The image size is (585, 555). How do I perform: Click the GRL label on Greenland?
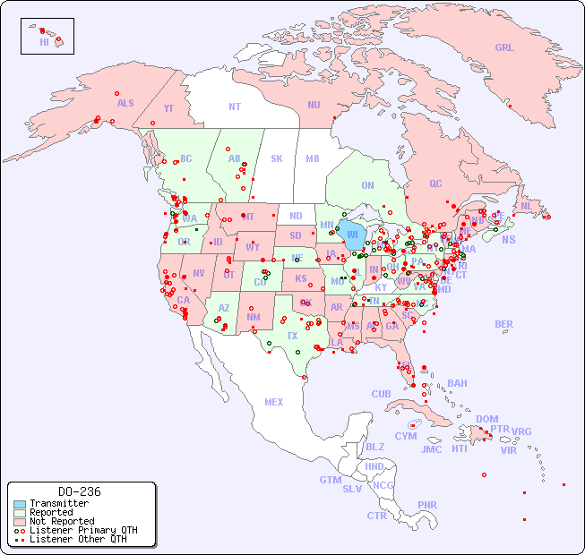pos(504,48)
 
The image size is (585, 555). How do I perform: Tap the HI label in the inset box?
pos(44,42)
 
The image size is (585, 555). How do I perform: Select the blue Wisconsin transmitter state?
pos(352,236)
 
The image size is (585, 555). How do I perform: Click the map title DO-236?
pos(80,491)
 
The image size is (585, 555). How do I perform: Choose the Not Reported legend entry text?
pos(62,521)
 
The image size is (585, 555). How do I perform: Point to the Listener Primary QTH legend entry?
pos(83,530)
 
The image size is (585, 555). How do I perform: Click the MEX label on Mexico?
pos(274,402)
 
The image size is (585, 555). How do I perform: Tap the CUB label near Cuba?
pos(381,394)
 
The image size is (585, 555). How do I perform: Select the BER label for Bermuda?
pos(504,324)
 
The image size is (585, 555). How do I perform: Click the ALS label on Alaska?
pos(125,103)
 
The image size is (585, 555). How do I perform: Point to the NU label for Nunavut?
pos(314,105)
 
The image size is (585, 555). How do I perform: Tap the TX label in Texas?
pos(292,336)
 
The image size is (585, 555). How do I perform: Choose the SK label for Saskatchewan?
pos(277,158)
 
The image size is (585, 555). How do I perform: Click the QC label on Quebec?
pos(435,184)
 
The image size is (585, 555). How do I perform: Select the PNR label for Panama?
pos(427,505)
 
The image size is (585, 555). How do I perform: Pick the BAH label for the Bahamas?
pos(457,383)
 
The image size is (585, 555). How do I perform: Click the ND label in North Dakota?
pos(296,216)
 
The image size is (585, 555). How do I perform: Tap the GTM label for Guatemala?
pos(330,480)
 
